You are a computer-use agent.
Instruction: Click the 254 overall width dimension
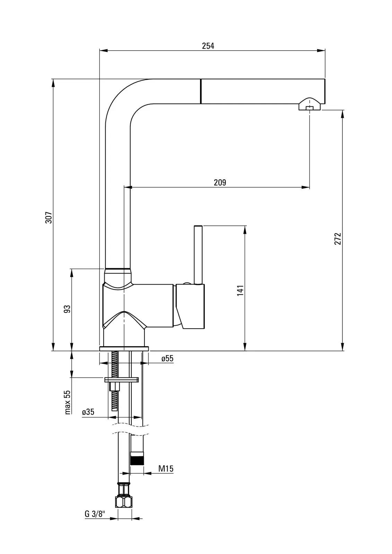pos(208,46)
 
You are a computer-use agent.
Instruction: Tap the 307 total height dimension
pos(49,218)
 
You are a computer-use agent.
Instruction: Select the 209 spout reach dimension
pos(220,182)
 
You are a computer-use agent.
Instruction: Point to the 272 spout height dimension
pos(338,239)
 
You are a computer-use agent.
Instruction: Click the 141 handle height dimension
pos(240,291)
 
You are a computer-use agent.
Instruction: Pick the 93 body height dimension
pos(67,309)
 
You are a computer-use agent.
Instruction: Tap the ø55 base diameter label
pos(167,358)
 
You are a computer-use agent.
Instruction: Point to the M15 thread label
pos(166,468)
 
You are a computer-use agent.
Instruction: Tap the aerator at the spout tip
pos(310,104)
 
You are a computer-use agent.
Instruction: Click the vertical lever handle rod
pos(198,255)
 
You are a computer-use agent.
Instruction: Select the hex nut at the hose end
pos(124,502)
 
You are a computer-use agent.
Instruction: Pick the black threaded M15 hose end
pos(137,458)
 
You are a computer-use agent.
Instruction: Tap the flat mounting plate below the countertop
pos(121,379)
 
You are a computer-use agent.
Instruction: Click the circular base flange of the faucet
pos(124,349)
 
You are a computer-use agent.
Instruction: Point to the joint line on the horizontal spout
pos(201,91)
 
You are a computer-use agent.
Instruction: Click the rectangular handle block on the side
pos(190,306)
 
